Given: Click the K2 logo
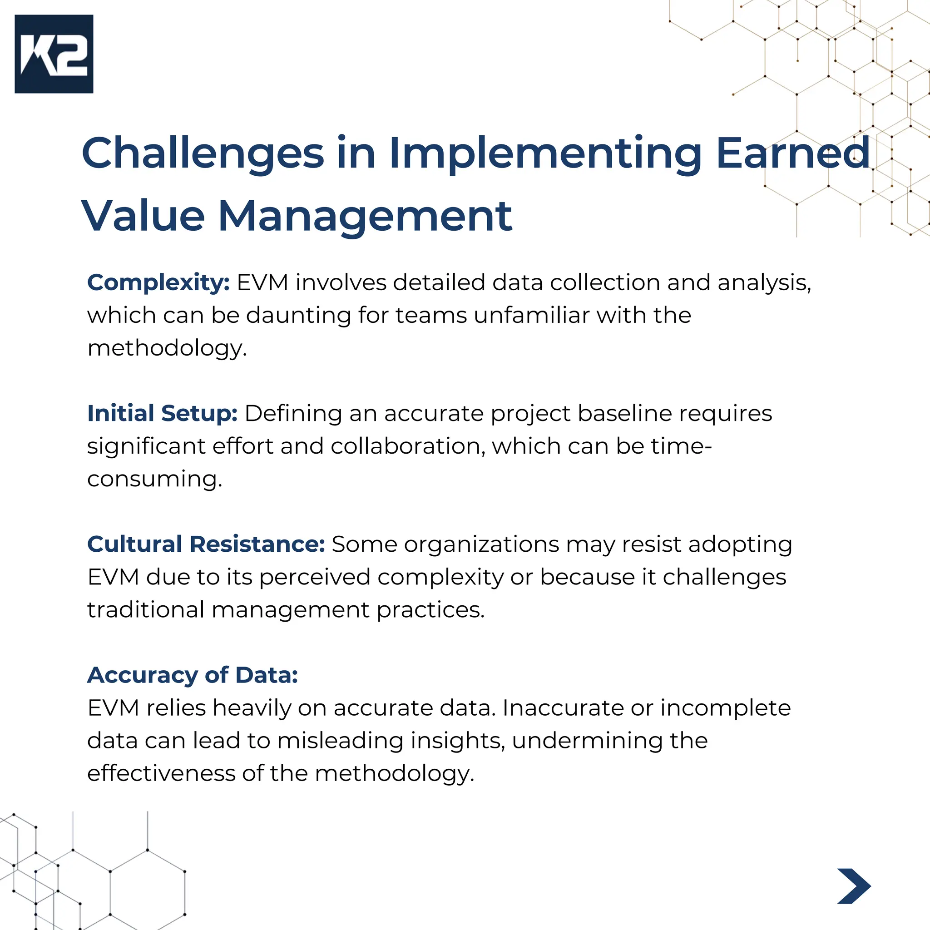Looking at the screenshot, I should (x=54, y=54).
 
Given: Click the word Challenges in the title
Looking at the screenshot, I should (x=203, y=153).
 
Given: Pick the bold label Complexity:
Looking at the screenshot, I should (x=158, y=282).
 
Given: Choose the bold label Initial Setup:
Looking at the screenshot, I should (x=162, y=414).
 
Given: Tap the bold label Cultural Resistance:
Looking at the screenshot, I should (x=206, y=544).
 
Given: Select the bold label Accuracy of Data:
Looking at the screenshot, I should (x=193, y=675).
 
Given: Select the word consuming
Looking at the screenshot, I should (x=154, y=479).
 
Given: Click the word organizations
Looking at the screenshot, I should (x=481, y=544).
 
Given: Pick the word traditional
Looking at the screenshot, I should (x=146, y=610).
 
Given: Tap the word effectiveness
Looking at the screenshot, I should (x=161, y=773).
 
